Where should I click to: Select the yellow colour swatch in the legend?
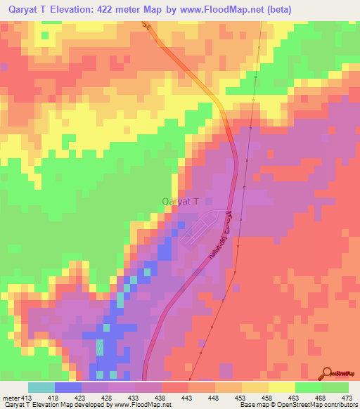(x=282, y=387)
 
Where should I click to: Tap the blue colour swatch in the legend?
(x=68, y=387)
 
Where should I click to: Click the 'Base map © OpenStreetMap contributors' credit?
(x=298, y=405)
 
